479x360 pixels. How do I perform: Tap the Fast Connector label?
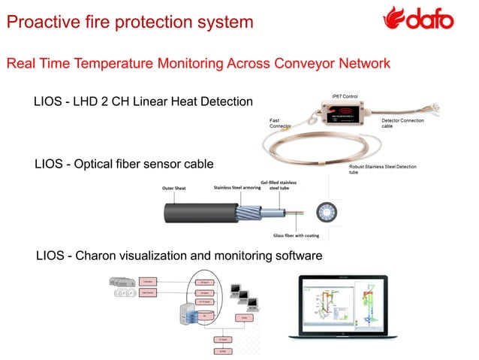(280, 123)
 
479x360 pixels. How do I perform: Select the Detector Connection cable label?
(402, 123)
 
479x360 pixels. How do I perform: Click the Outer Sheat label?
(175, 189)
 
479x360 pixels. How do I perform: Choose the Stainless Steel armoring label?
(236, 189)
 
